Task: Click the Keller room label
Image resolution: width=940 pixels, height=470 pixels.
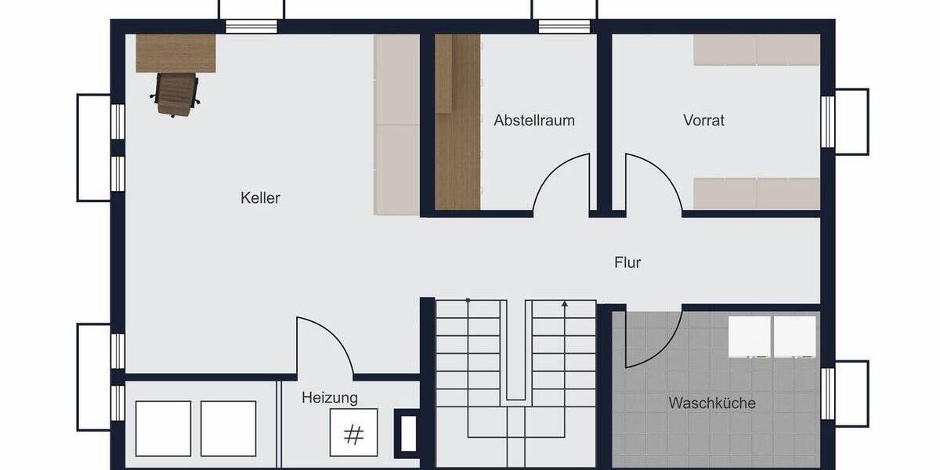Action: click(x=260, y=198)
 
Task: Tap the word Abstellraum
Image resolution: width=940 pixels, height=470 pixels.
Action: click(x=534, y=121)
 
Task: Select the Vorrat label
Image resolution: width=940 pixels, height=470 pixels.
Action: click(x=703, y=121)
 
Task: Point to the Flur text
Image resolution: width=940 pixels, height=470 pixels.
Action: click(x=627, y=262)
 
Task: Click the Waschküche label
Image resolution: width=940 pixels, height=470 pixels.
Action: click(x=712, y=403)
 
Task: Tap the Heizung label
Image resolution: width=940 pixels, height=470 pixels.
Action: click(x=330, y=398)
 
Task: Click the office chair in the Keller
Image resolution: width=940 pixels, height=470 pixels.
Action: click(x=175, y=94)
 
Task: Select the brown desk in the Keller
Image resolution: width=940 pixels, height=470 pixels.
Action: click(x=175, y=52)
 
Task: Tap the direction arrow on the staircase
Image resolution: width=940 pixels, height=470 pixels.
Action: click(x=564, y=304)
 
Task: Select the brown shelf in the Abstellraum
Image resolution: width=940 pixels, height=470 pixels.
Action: click(x=457, y=121)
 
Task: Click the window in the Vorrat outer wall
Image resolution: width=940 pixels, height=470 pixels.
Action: click(x=828, y=122)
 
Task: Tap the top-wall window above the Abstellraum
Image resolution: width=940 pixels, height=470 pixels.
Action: click(x=564, y=26)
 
